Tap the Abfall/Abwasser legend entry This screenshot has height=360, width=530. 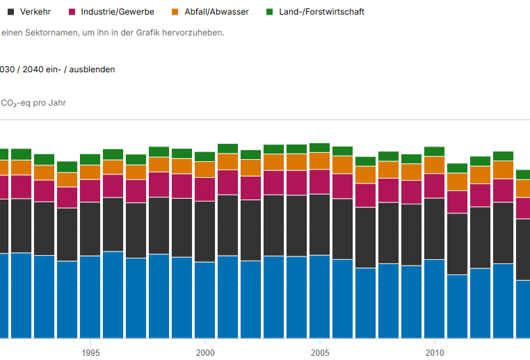click(x=216, y=12)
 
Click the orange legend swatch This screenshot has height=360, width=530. click(x=175, y=12)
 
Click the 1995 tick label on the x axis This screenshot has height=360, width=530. click(x=90, y=352)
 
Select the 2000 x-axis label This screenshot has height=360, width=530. click(x=204, y=352)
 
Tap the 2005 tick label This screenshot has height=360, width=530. click(x=319, y=352)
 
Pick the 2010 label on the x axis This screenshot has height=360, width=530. click(x=434, y=352)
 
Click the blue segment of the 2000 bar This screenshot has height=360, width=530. click(x=204, y=300)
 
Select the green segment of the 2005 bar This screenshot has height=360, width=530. click(x=319, y=147)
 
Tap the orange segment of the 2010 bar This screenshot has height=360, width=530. click(x=434, y=165)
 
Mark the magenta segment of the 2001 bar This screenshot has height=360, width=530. click(x=227, y=182)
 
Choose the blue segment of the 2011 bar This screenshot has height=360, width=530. click(x=457, y=306)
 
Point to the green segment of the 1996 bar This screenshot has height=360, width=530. click(x=113, y=154)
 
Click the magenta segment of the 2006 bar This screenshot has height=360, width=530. click(x=342, y=186)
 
